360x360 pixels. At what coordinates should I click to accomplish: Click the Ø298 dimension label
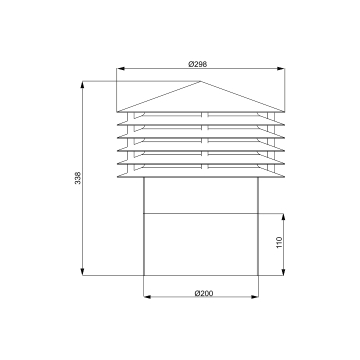[x=198, y=64]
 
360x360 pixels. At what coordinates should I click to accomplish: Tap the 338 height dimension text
[x=78, y=178]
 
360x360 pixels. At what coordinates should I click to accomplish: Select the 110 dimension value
[x=279, y=242]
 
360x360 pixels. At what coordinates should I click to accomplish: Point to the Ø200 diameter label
[x=204, y=293]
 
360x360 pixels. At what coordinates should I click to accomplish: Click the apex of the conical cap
[x=200, y=81]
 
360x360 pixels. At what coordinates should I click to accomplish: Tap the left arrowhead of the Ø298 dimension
[x=120, y=69]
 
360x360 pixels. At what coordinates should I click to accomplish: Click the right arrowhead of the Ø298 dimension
[x=281, y=69]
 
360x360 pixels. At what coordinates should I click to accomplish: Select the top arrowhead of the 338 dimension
[x=82, y=84]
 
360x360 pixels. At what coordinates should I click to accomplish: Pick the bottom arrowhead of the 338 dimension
[x=82, y=272]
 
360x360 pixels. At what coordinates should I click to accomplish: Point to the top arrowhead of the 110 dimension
[x=283, y=217]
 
